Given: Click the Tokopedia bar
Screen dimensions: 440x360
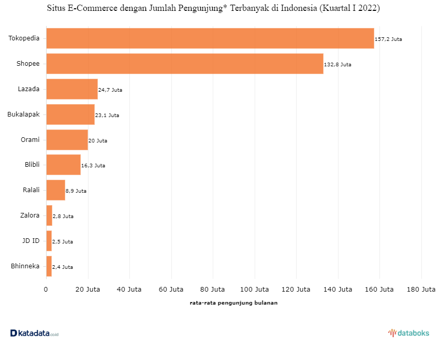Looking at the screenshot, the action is tap(210, 38).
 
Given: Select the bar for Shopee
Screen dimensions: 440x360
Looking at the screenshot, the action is tap(185, 64).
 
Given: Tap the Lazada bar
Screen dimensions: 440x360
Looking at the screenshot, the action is tap(72, 89).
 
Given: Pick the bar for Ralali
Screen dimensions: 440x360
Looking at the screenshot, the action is tap(56, 190).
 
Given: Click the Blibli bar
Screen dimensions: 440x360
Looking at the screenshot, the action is tap(64, 165).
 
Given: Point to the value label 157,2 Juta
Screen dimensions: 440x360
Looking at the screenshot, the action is tap(388, 39).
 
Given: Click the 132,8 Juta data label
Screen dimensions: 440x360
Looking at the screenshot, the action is tap(338, 64).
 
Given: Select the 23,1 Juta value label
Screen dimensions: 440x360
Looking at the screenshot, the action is tap(107, 115).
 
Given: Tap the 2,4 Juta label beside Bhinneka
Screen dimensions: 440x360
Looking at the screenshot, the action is tap(63, 267).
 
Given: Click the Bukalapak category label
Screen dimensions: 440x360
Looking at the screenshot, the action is tap(24, 114).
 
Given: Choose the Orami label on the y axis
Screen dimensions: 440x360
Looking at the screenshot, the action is tap(30, 139).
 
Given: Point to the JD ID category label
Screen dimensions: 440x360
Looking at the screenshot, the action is tap(31, 241).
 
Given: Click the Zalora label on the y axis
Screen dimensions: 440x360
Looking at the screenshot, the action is tap(30, 215).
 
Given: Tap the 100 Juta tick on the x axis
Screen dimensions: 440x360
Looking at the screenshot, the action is tap(255, 289).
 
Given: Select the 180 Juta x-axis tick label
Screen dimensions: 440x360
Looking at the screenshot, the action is tap(421, 289).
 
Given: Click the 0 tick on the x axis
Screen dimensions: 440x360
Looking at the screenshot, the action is tap(46, 289).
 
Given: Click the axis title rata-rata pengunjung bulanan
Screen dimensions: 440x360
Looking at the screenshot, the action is tap(233, 303).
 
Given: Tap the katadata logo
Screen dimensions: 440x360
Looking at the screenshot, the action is tap(35, 333).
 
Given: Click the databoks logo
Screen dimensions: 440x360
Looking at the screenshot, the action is tap(408, 333).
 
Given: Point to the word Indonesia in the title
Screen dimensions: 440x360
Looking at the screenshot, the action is tap(299, 8).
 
